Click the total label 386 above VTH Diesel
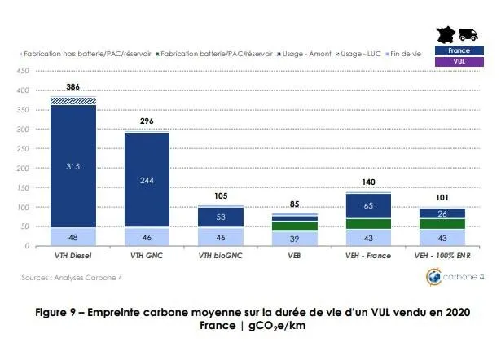72,86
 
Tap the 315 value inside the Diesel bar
73,166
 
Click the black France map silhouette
447,33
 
